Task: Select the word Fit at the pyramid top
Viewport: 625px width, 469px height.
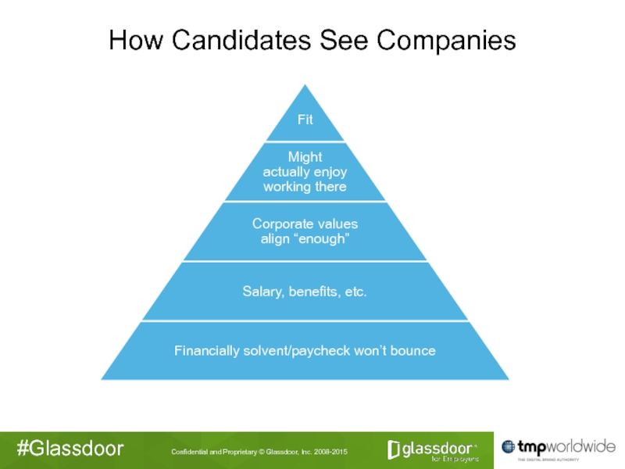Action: [305, 120]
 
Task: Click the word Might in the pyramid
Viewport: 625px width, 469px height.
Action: [305, 157]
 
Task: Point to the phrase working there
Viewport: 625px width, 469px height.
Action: [305, 187]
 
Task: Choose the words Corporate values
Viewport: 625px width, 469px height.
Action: [305, 224]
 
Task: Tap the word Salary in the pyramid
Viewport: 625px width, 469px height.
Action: [262, 292]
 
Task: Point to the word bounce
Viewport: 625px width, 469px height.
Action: [411, 350]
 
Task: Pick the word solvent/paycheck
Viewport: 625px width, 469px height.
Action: [295, 350]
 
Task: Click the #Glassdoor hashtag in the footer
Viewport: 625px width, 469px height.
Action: [70, 449]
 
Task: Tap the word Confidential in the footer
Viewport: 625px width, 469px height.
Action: [191, 453]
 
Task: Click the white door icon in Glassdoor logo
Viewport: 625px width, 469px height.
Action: [395, 449]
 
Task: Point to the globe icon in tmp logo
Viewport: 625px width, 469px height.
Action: [509, 447]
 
